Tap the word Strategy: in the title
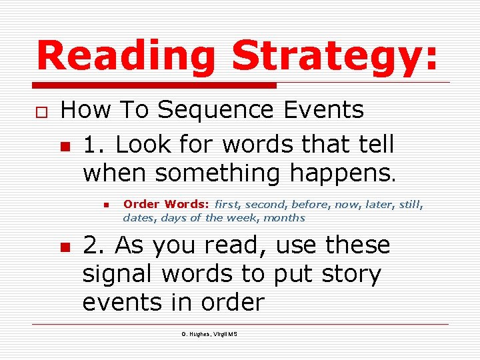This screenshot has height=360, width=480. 335,55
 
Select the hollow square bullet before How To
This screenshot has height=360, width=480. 41,111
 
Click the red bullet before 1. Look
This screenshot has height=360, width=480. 65,145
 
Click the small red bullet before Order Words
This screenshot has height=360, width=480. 105,205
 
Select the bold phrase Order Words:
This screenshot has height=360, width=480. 166,204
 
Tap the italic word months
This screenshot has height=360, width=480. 285,217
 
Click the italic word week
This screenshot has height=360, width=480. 243,217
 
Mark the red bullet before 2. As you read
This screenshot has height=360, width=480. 65,247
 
